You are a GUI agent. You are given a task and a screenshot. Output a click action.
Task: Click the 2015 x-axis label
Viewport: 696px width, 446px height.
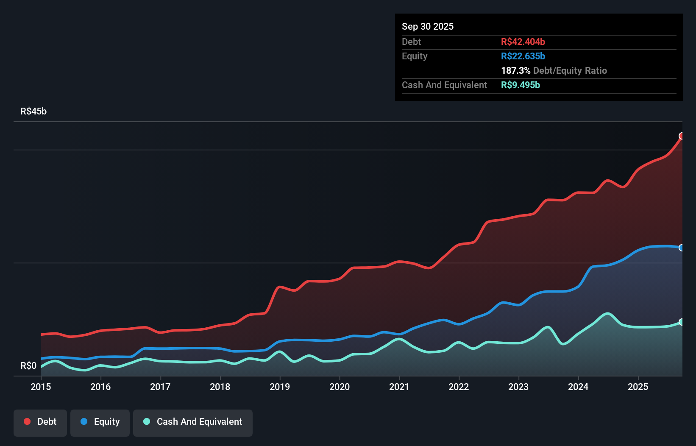coord(41,387)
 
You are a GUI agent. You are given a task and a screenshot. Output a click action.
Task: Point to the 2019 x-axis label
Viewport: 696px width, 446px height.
coord(280,387)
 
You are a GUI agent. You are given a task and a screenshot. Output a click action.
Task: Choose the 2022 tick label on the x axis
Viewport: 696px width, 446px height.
coord(459,387)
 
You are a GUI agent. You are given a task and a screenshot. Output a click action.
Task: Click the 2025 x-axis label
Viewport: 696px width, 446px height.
coord(638,387)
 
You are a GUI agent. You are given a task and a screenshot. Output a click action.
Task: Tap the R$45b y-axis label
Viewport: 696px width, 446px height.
coord(33,111)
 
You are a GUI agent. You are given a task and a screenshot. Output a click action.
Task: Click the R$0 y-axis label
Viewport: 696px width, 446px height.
coord(28,366)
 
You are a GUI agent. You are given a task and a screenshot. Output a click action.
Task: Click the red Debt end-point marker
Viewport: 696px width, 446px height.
coord(682,136)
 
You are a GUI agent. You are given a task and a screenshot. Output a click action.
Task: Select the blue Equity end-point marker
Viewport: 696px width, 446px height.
coord(682,248)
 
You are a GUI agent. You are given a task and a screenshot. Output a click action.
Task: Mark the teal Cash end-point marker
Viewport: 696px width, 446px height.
coord(682,322)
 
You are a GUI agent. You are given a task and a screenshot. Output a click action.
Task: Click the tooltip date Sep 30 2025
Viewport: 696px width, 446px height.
coord(427,26)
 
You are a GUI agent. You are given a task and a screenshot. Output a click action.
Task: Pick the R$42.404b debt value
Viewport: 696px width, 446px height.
coord(523,42)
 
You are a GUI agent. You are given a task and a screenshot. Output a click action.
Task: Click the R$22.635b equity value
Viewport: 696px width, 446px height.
coord(523,56)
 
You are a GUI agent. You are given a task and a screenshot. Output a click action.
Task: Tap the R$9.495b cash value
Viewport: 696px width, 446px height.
coord(520,85)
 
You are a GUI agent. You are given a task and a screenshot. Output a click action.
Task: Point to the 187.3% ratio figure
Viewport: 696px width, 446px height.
coord(515,70)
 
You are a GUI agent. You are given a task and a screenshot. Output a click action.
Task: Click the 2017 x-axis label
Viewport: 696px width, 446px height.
coord(160,387)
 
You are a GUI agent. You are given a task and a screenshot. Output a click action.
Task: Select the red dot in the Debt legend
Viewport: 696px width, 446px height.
coord(27,421)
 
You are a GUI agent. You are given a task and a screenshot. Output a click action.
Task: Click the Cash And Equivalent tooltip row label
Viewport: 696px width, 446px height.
coord(444,85)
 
